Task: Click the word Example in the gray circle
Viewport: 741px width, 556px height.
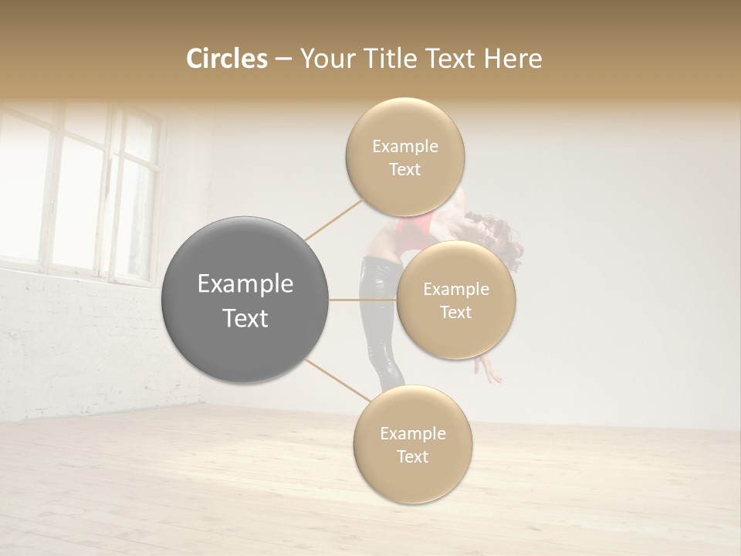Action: [245, 284]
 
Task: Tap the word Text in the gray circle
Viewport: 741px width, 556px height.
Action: [245, 318]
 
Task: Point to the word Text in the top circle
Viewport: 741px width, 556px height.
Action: [404, 170]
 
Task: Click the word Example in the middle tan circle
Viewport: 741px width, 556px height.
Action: [455, 290]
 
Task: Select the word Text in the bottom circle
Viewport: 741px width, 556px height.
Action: [412, 457]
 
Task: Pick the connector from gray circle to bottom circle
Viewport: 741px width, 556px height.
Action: [337, 380]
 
